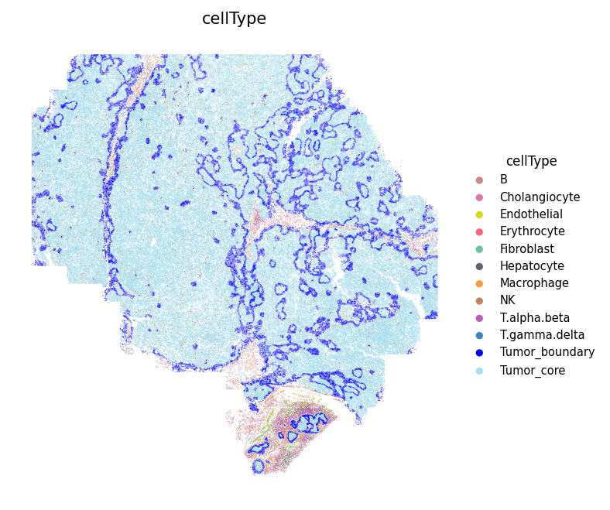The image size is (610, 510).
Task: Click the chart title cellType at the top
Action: [x=234, y=19]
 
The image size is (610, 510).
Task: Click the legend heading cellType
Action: [x=531, y=161]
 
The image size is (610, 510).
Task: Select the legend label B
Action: [x=504, y=180]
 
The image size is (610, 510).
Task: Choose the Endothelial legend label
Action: [x=531, y=214]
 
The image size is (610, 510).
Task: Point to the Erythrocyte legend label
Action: [x=532, y=231]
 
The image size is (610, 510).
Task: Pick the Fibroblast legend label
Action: [x=526, y=249]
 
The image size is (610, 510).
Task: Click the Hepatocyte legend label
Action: [x=532, y=266]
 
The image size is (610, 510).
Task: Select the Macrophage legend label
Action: [x=534, y=283]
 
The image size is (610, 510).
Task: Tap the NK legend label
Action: [x=507, y=300]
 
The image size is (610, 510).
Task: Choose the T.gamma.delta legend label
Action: [x=542, y=335]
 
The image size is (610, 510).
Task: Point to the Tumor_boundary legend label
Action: [x=547, y=352]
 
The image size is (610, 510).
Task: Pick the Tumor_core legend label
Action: [x=533, y=371]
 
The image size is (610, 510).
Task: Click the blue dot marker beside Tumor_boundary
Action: [x=479, y=353]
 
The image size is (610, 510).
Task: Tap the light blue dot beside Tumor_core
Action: [x=479, y=371]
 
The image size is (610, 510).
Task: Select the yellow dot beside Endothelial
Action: [x=479, y=214]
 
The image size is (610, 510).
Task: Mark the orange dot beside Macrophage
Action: [x=479, y=283]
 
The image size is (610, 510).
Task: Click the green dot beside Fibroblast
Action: [x=479, y=249]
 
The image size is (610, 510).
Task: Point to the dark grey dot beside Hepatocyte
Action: [x=479, y=266]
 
